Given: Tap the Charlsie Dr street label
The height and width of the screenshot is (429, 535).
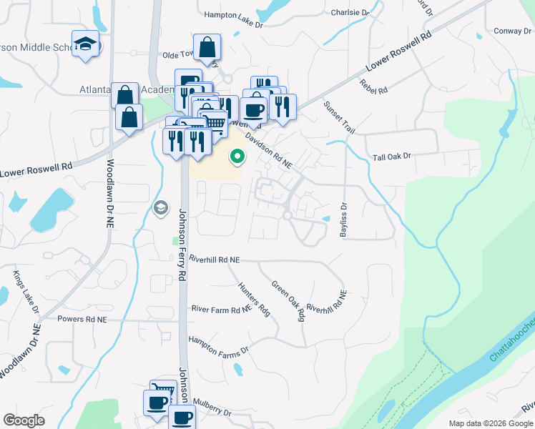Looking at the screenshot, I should (350, 13).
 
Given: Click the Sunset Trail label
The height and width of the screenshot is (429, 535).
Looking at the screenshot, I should (339, 117).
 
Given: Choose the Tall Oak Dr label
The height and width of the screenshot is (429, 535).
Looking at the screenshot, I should (393, 156).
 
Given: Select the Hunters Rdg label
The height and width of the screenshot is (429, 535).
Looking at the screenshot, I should (254, 298).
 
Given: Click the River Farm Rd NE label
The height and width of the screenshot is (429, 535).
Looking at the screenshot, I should (222, 309).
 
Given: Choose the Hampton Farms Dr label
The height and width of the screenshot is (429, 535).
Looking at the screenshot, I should (218, 345).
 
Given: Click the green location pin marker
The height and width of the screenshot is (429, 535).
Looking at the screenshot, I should (237, 154).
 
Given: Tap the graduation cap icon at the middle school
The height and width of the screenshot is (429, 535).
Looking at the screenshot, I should (85, 44).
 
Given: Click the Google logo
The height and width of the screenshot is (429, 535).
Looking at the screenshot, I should (24, 420).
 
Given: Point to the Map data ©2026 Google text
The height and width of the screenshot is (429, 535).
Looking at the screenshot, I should (489, 423).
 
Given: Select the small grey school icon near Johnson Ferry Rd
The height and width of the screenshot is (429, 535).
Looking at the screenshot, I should (161, 208).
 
